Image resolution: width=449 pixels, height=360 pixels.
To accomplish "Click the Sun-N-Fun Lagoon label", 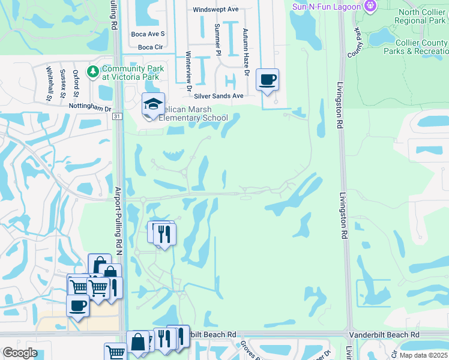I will pos(327,7).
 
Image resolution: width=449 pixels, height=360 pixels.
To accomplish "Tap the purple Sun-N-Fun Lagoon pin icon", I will pos(371,7).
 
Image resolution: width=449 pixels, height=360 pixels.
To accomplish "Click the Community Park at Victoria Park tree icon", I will pos(92,73).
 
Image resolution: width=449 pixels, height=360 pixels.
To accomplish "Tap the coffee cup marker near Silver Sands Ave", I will pos(267,79).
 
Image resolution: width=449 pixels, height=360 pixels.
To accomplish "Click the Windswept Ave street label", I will pos(216,10).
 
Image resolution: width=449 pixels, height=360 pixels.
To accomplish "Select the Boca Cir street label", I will pos(150,47).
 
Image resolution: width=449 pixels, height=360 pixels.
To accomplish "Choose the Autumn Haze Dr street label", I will pos(246,52).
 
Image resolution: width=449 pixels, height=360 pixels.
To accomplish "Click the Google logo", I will pos(20,353).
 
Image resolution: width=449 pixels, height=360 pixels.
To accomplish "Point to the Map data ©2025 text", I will pos(423,355).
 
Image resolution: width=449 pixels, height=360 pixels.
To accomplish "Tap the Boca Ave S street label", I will pos(148,34).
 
